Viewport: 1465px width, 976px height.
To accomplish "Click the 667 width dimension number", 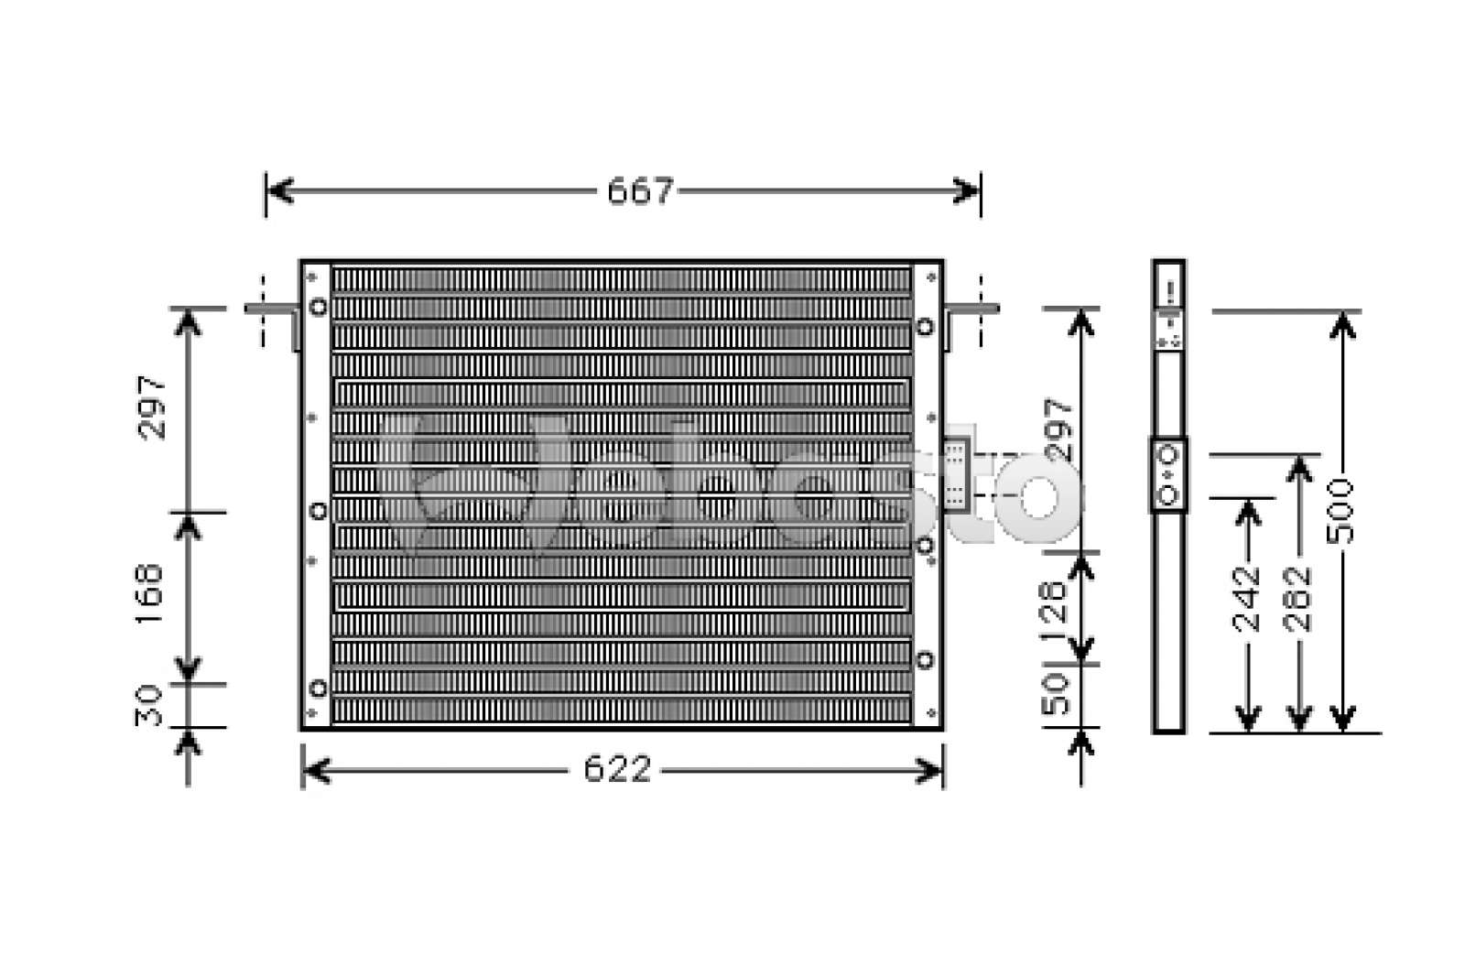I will (640, 191).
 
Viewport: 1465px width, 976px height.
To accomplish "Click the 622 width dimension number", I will (617, 770).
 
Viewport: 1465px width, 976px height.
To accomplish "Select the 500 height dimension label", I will (1343, 510).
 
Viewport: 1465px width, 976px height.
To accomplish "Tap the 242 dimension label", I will (1247, 600).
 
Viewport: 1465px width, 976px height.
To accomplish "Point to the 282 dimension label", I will (1297, 600).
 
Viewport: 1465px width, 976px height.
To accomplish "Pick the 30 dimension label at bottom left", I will (149, 705).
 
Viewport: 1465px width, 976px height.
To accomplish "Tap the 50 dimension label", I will (1056, 695).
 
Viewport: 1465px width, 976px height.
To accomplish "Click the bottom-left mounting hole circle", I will (318, 688).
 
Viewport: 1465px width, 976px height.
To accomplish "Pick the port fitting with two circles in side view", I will (1167, 474).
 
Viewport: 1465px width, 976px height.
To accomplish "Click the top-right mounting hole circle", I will (926, 327).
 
